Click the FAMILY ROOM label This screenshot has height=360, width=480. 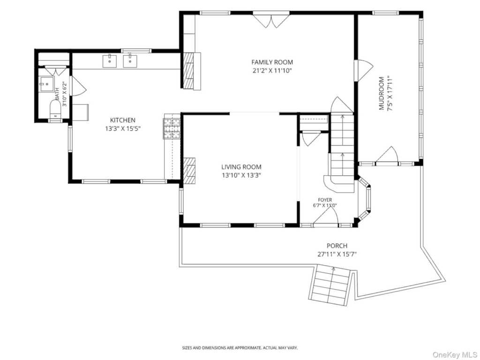click(272, 62)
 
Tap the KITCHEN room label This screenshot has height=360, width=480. click(123, 120)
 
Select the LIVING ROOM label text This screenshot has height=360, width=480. click(241, 167)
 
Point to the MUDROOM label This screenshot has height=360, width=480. click(382, 93)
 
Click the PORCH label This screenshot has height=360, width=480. click(337, 246)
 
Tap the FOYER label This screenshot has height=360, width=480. click(325, 200)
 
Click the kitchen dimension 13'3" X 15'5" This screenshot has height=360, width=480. click(123, 128)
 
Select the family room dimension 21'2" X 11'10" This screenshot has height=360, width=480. click(272, 71)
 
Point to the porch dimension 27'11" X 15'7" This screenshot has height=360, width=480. click(337, 254)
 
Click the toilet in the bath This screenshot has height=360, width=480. click(55, 109)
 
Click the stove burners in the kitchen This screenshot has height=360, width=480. click(172, 128)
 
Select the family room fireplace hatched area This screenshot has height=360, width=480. click(188, 70)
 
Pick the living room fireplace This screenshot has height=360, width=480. click(189, 171)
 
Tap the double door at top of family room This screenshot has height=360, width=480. click(271, 20)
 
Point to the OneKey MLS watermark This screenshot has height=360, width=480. click(455, 354)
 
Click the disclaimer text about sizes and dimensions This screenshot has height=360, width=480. click(240, 348)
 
